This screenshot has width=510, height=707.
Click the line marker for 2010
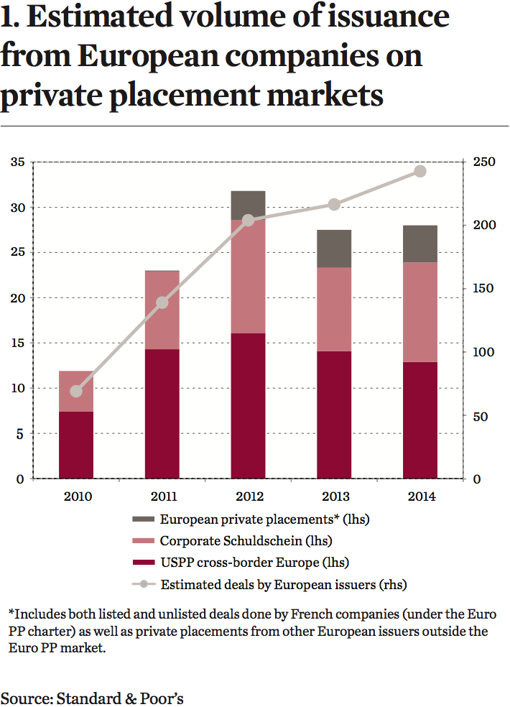tap(76, 391)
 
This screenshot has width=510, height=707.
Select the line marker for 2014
tap(420, 171)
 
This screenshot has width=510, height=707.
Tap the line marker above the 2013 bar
tap(334, 204)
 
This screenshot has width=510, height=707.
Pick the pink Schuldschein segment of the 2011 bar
tap(162, 310)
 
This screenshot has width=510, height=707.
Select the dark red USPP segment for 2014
tap(420, 420)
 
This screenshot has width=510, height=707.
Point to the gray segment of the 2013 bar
tap(334, 249)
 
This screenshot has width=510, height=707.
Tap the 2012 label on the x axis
tap(248, 496)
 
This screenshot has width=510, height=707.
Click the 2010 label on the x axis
tap(76, 496)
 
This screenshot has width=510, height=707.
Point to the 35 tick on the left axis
tap(18, 162)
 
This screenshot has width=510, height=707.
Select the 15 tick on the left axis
tap(18, 343)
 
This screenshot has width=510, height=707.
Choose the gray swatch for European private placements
tap(143, 519)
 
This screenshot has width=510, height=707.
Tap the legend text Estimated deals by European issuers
tap(284, 584)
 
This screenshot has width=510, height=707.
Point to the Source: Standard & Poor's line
tap(92, 698)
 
